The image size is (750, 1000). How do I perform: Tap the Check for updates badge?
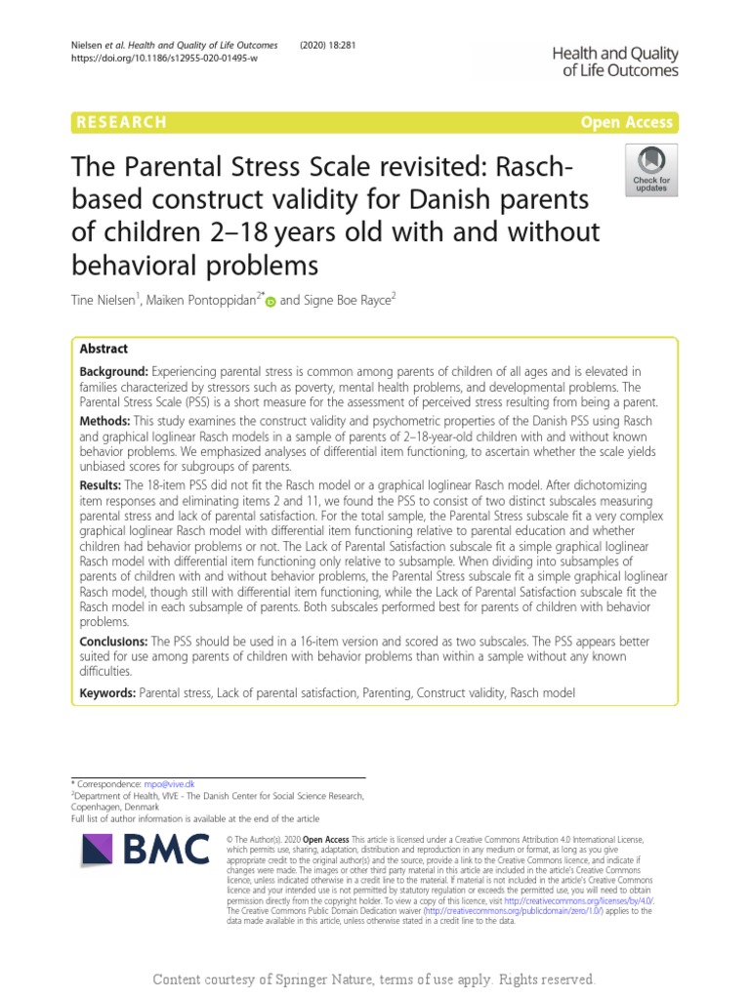tap(650, 170)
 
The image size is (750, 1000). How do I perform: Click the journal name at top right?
tap(616, 62)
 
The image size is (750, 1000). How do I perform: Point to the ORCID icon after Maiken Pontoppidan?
tap(271, 304)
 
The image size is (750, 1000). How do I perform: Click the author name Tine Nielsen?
tap(106, 303)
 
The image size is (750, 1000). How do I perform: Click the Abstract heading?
tap(103, 349)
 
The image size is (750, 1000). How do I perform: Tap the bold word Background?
tap(111, 371)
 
